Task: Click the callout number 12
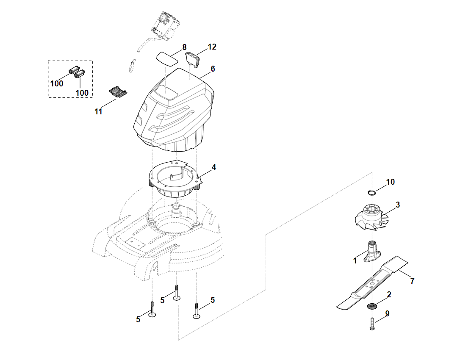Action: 212,47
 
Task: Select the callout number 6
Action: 213,68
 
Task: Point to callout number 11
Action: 98,112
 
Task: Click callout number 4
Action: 214,167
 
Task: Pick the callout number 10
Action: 391,182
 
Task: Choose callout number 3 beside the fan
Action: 397,205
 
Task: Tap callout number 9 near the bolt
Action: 387,314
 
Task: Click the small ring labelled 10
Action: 372,193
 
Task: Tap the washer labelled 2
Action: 372,306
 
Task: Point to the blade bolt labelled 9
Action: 372,324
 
